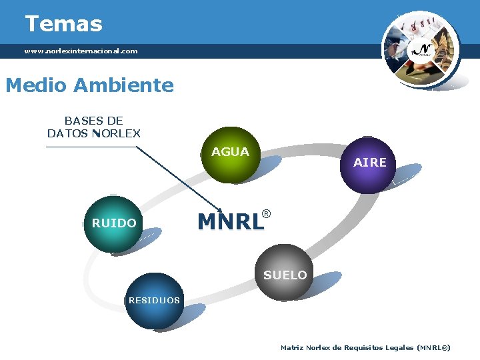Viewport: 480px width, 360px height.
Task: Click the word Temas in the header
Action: (63, 24)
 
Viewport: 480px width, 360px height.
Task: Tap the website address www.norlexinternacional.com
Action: (81, 51)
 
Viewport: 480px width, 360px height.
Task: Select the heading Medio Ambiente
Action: (89, 85)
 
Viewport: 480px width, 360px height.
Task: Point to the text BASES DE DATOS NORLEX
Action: (93, 127)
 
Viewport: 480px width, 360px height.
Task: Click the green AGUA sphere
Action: (231, 155)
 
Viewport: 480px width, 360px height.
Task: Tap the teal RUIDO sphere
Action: (114, 223)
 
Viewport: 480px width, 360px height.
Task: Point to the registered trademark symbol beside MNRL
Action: (266, 214)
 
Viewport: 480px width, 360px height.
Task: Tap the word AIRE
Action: (370, 163)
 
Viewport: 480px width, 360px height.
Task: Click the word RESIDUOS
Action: (154, 301)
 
